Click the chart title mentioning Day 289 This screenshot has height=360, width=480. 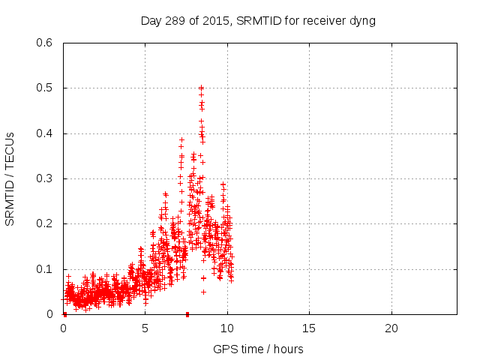(x=258, y=20)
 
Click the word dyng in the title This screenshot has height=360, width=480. (x=361, y=20)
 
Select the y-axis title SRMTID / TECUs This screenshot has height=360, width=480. (x=10, y=178)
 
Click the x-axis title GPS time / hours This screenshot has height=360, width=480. (x=258, y=349)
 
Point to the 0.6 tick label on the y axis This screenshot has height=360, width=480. (x=45, y=43)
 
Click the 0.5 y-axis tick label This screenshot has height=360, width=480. (x=45, y=88)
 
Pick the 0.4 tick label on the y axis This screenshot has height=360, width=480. (x=45, y=133)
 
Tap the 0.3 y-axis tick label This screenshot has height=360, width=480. (x=45, y=178)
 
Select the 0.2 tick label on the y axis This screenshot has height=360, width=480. (x=45, y=224)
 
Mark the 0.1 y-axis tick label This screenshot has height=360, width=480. (x=45, y=269)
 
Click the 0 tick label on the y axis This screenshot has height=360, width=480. (x=49, y=314)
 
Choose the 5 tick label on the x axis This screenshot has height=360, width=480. (x=145, y=328)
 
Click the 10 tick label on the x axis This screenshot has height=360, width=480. (x=227, y=328)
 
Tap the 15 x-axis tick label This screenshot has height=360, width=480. (x=309, y=328)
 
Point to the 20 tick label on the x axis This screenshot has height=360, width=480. (x=391, y=328)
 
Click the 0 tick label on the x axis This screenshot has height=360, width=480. (x=63, y=328)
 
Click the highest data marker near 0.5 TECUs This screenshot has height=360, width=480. (x=201, y=88)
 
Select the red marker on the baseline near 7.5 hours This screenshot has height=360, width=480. (x=187, y=314)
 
